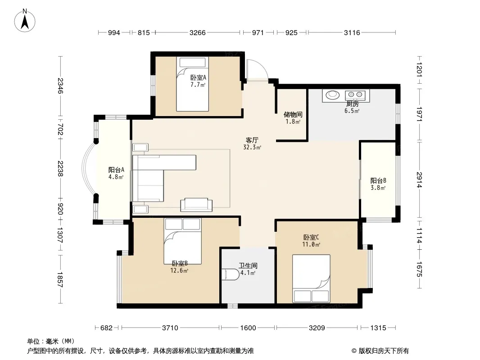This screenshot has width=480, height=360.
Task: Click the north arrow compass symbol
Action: [x=24, y=20]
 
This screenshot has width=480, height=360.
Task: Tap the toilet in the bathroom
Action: [x=230, y=274]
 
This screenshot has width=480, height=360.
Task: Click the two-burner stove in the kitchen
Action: [x=355, y=94]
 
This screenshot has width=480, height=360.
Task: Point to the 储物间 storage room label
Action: [x=293, y=115]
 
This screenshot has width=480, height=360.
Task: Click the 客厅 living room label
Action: [x=252, y=140]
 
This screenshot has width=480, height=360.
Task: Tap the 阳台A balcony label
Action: [x=116, y=170]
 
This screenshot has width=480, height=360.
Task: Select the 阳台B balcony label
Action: [x=378, y=181]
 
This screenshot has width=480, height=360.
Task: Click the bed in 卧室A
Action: [x=192, y=84]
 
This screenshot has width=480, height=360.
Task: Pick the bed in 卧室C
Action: [x=311, y=279]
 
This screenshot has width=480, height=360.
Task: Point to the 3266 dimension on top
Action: [x=198, y=32]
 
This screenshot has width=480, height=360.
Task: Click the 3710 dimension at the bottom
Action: [x=170, y=328]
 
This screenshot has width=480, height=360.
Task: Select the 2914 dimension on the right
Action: [x=419, y=180]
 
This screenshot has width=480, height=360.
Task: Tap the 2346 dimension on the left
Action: [x=60, y=86]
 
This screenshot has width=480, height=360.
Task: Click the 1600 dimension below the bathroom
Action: [x=248, y=328]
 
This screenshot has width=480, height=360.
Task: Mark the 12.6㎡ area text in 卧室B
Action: [x=179, y=270]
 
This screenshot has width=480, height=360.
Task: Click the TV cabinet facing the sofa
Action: [x=196, y=205]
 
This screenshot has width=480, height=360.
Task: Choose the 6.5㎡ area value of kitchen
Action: [x=352, y=111]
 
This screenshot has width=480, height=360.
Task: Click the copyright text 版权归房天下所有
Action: [x=384, y=351]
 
